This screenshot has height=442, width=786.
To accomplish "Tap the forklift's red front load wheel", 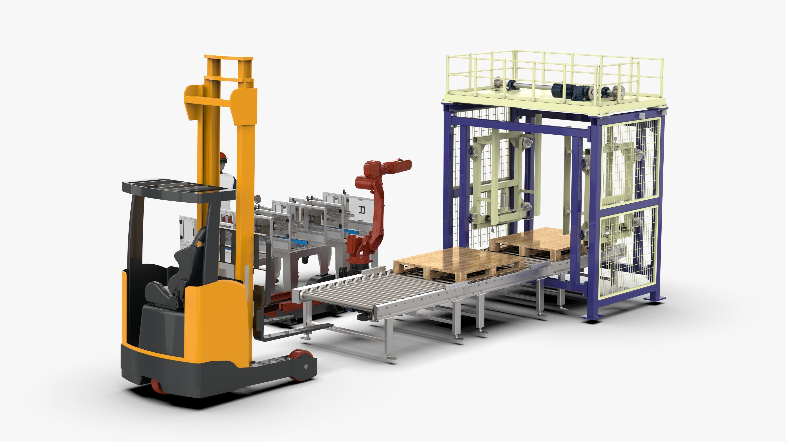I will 300,359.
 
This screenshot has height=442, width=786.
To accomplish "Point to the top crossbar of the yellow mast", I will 229,58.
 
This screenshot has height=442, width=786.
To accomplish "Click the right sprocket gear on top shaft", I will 618,91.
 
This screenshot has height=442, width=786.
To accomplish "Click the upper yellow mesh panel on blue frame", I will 630,162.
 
